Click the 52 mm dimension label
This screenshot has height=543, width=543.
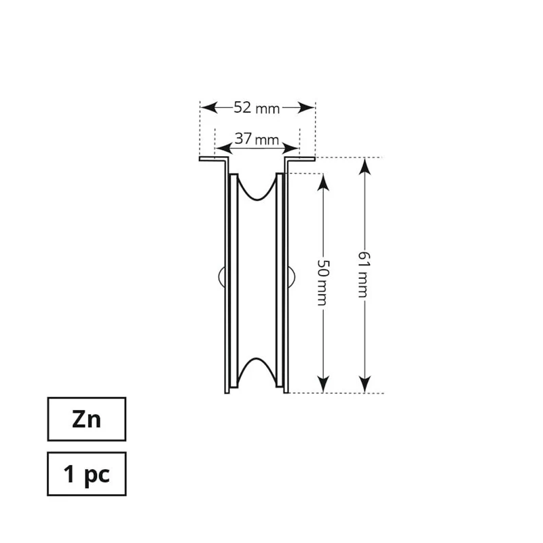[257, 108]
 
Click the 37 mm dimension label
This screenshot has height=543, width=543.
[257, 139]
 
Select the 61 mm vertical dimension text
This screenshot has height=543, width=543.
[364, 275]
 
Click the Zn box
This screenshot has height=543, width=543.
[87, 419]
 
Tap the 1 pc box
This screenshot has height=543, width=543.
[87, 474]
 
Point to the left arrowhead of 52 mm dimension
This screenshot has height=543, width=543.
[209, 108]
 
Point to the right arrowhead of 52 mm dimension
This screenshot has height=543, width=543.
[306, 108]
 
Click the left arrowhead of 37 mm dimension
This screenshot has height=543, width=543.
[224, 149]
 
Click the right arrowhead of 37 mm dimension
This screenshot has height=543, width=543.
[291, 149]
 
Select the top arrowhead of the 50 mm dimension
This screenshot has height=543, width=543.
[323, 182]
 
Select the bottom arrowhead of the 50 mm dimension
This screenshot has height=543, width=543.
[323, 384]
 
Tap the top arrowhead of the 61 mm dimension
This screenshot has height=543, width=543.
[364, 166]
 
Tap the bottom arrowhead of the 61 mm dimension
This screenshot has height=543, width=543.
[364, 384]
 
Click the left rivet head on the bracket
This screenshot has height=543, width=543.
[222, 277]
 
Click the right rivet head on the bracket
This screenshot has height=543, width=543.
[292, 277]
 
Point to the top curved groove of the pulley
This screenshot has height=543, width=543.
[257, 187]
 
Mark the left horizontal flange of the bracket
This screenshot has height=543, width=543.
[214, 159]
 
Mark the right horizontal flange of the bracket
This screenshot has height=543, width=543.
[300, 159]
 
